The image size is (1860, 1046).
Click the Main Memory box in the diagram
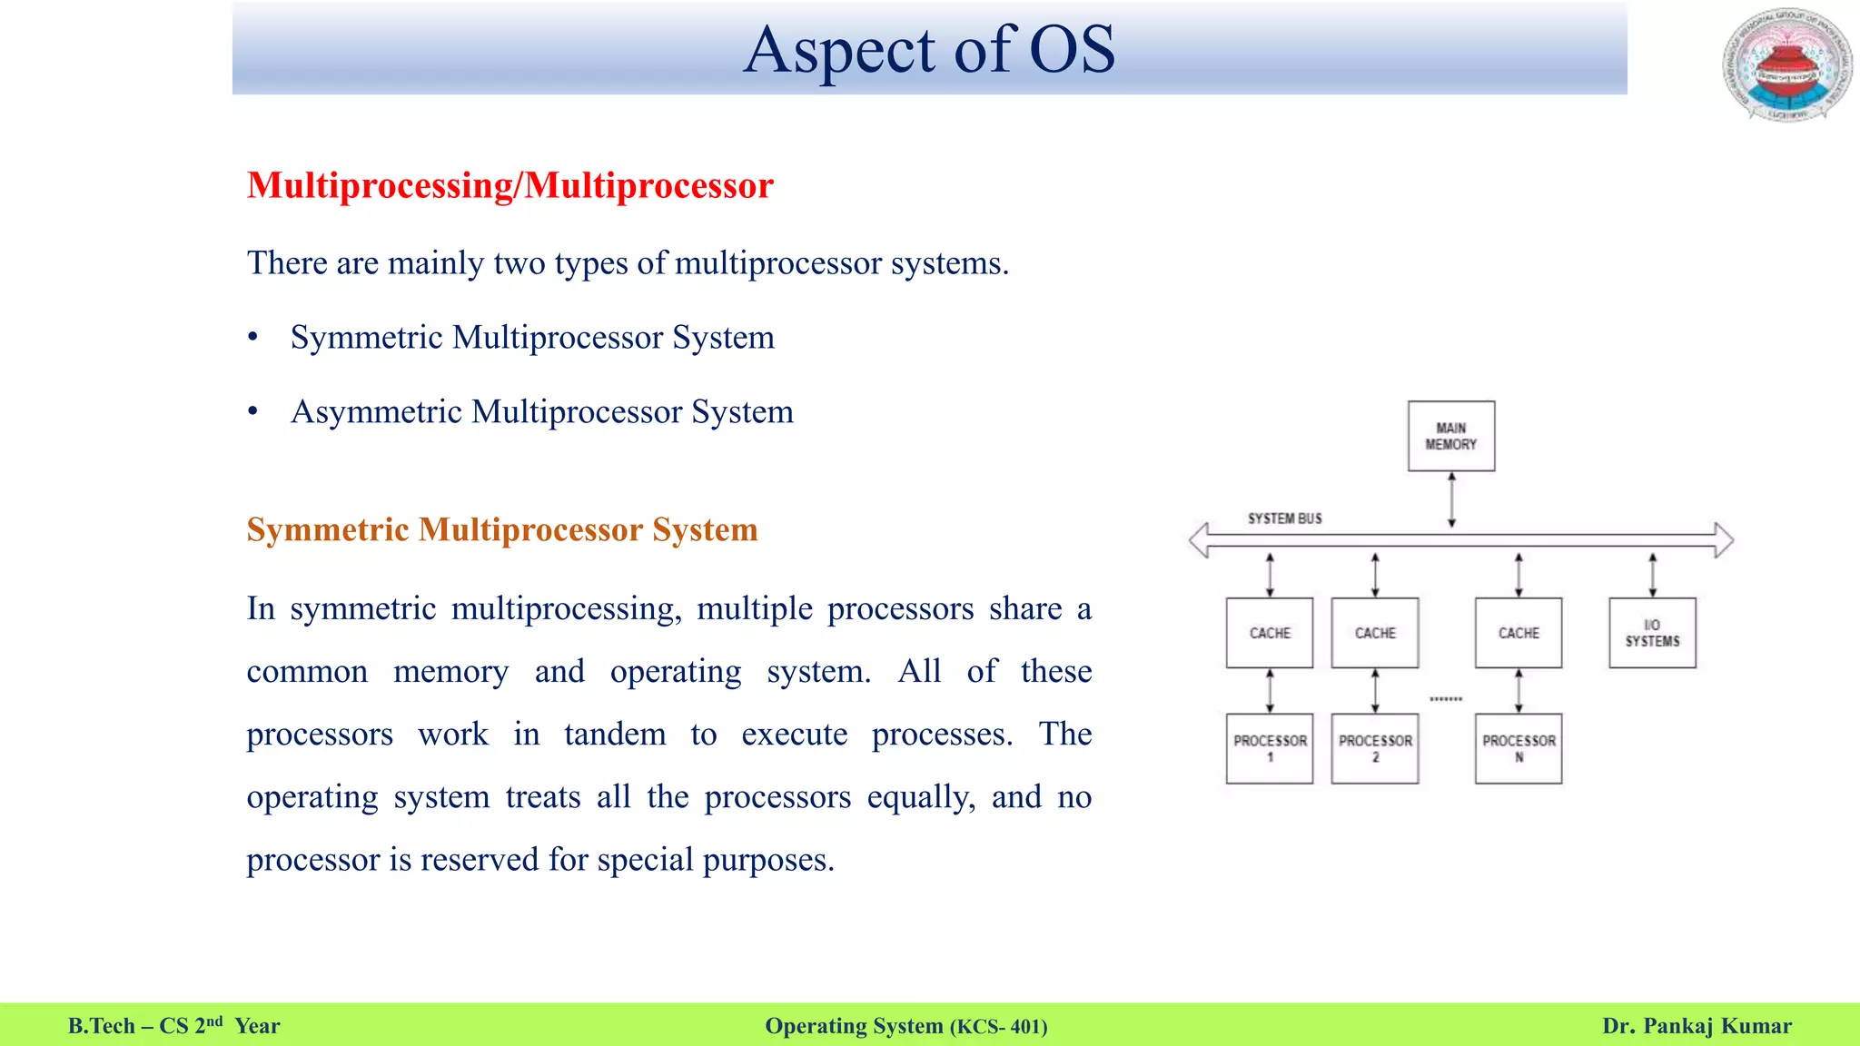coord(1450,436)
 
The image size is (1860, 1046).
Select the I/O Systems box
coord(1652,633)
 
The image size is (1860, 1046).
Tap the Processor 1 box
coord(1269,748)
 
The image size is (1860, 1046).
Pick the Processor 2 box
coord(1374,748)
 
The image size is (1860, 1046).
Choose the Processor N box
coord(1518,748)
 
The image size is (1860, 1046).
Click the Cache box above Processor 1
coord(1269,633)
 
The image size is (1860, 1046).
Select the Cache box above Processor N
coord(1518,633)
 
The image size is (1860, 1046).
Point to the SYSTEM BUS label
coord(1284,518)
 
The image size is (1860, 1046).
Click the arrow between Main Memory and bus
coord(1451,499)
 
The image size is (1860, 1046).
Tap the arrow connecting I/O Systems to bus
coord(1652,575)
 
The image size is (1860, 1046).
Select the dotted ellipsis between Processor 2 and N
coord(1445,699)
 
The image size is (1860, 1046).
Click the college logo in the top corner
coord(1787,65)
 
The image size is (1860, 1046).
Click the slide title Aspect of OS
coord(929,49)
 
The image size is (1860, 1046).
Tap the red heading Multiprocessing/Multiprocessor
coord(510,185)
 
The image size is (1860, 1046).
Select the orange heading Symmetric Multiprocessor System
coord(501,529)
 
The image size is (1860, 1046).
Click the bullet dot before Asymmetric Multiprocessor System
coord(253,412)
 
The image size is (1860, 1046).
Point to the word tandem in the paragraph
coord(615,734)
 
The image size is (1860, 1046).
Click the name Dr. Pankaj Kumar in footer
coord(1697,1026)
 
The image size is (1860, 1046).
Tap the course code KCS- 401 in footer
coord(998,1027)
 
